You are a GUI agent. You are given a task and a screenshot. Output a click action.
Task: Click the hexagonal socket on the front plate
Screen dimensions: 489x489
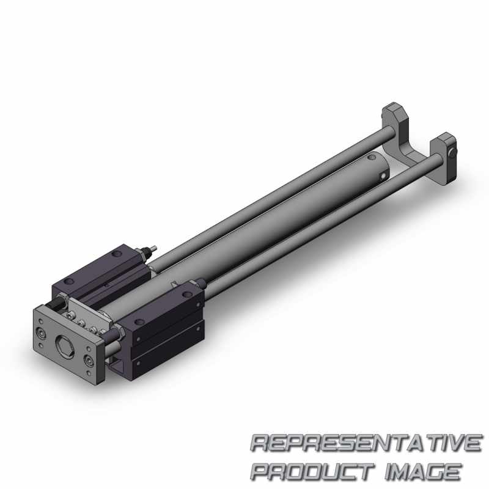coord(65,344)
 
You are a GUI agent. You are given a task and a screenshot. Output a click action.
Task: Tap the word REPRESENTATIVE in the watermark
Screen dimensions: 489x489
coord(366,443)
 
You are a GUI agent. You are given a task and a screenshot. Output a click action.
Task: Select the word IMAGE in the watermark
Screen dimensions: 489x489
coord(423,471)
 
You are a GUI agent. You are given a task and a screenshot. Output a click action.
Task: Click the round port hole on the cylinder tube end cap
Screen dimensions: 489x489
coord(383,177)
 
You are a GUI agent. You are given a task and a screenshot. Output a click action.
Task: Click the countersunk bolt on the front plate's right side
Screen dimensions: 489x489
coord(90,361)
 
